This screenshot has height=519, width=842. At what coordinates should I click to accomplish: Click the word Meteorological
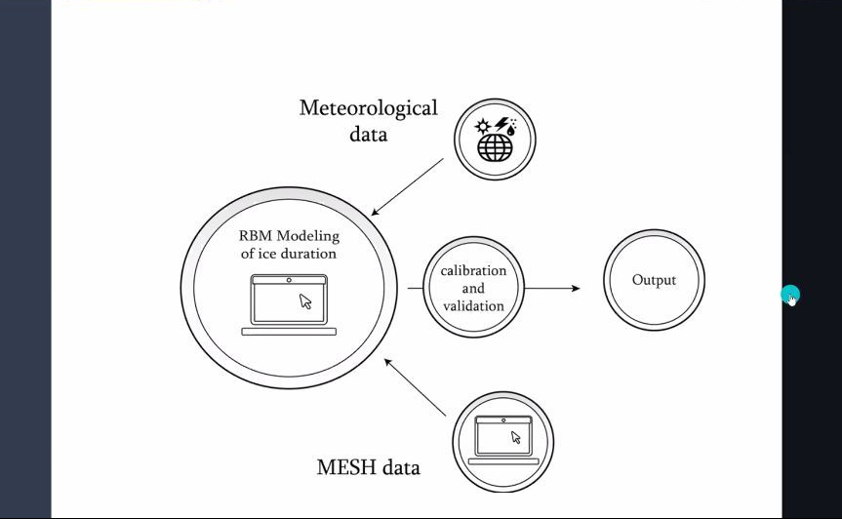coord(368,108)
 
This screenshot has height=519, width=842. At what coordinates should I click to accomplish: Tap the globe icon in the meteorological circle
coord(495,146)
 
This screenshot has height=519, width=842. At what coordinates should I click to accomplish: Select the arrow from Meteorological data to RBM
coord(408,186)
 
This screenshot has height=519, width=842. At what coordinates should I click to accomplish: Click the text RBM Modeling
coord(289,235)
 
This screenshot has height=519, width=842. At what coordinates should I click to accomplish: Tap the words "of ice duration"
coord(289,254)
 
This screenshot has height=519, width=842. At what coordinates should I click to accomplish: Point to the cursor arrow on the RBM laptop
coord(305,301)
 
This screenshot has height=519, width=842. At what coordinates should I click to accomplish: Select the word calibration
coord(473,270)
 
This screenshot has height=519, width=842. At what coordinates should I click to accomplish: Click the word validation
coord(473,305)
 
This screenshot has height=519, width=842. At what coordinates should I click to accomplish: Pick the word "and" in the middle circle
coord(473,288)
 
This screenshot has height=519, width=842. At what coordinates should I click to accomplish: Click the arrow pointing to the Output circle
coord(552,288)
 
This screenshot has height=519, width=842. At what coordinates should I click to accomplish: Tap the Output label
coord(654,281)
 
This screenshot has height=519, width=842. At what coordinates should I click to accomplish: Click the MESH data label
coord(368,467)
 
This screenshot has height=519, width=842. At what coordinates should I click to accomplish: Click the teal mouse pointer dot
coord(790,294)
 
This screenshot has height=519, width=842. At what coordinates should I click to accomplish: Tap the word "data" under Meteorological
coord(368,134)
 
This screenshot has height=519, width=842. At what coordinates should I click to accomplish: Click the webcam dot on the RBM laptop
coord(289,280)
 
